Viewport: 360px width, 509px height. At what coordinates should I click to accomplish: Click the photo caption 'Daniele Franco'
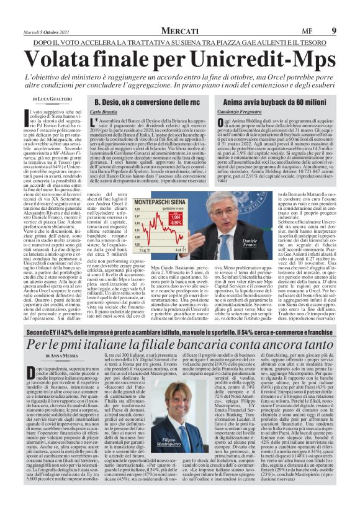(248, 241)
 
